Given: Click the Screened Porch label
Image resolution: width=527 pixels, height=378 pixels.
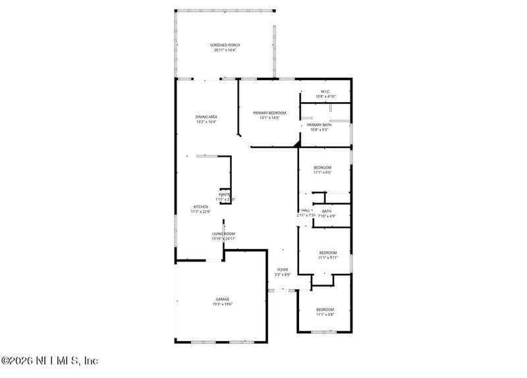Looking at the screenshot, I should point(225,45).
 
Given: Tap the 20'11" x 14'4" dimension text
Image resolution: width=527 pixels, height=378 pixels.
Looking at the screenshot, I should point(225,51).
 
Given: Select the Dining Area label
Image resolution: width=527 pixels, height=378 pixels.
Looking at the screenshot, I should point(206,117).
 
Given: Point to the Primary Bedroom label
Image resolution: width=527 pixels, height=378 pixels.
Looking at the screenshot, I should point(269,113).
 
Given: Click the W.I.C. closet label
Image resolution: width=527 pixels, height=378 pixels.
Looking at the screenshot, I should point(325,92).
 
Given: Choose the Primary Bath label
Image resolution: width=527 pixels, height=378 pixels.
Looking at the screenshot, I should point(319,124).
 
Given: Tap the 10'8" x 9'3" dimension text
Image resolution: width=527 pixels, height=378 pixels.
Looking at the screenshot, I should point(319,130).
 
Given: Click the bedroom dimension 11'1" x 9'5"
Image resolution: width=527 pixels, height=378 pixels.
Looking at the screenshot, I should point(322,173).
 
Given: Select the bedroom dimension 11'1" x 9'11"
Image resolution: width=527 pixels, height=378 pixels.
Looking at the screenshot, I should point(327,258).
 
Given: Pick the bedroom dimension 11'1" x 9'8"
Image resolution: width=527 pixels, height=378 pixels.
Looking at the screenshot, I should point(325,315).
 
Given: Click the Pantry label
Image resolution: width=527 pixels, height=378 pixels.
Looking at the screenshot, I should point(225,194).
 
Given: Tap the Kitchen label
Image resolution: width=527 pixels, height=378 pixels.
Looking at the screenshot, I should point(200,206).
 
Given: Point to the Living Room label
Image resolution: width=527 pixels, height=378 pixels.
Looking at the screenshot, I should point(223,234).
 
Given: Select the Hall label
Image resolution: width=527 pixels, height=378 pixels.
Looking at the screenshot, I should point(306,210).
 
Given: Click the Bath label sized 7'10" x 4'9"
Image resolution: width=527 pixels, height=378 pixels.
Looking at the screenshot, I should point(327,211).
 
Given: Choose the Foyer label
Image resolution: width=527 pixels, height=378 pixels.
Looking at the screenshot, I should point(282,269).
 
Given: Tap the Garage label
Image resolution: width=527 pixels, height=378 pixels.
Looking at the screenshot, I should point(223,299).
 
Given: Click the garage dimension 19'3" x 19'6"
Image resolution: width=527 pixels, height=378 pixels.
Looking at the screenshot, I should point(223,304).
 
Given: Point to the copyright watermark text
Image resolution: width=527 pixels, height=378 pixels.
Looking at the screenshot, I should point(49,360).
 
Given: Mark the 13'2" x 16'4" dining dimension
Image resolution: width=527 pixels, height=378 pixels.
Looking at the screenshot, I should point(206,122).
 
